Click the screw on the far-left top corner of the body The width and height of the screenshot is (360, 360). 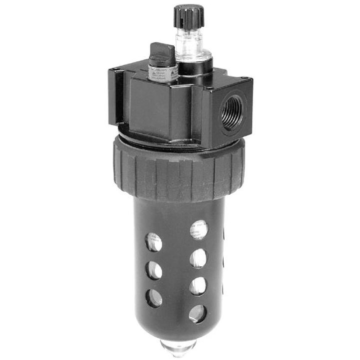[116, 69]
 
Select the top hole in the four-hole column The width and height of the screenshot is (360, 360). [198, 230]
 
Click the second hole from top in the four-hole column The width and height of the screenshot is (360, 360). [198, 258]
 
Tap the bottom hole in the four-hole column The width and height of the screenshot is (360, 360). [197, 313]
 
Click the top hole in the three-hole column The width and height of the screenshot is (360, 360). [153, 242]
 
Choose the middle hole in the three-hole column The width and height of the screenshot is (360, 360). [154, 270]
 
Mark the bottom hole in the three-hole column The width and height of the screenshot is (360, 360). [154, 298]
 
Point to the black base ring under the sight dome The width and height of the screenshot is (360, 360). [195, 65]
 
